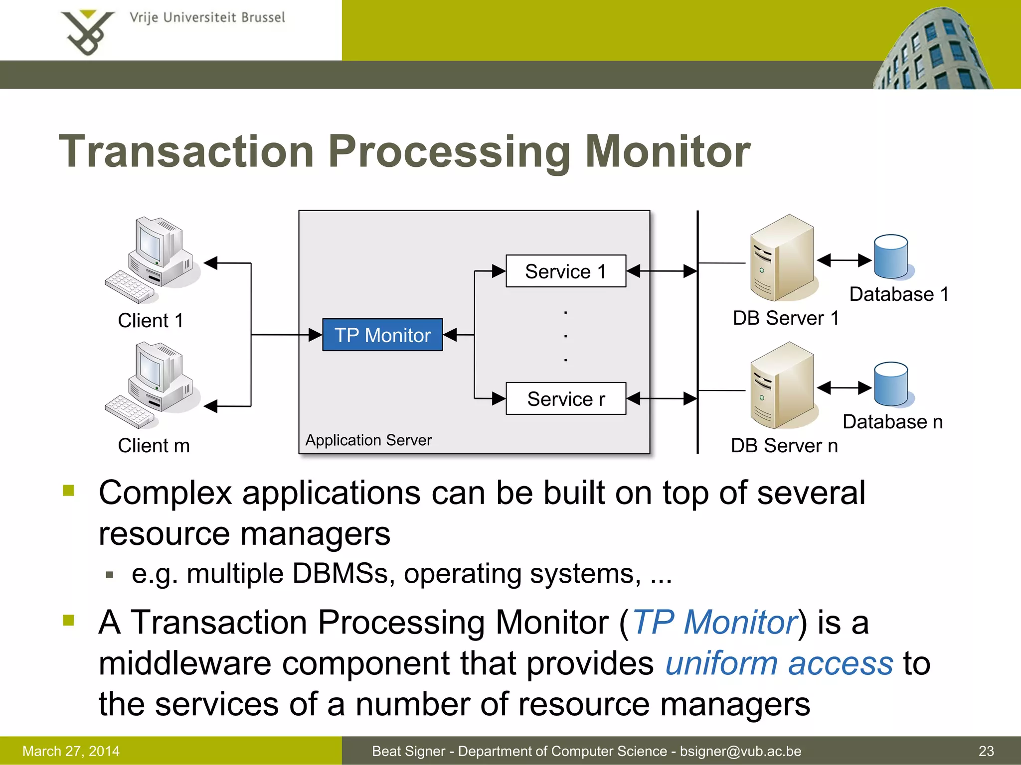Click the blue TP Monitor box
click(x=382, y=335)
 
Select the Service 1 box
click(x=565, y=271)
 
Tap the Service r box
click(x=565, y=398)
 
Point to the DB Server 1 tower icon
click(x=783, y=258)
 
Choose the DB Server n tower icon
click(x=783, y=385)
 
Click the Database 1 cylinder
click(x=891, y=257)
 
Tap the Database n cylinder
click(x=891, y=384)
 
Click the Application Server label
click(x=368, y=440)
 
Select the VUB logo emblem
click(x=87, y=32)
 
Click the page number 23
click(x=986, y=751)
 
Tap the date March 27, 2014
click(x=71, y=751)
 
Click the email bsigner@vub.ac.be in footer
click(x=740, y=751)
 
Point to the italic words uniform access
click(x=779, y=663)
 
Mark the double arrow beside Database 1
click(x=844, y=260)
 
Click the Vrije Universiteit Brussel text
click(x=207, y=18)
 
